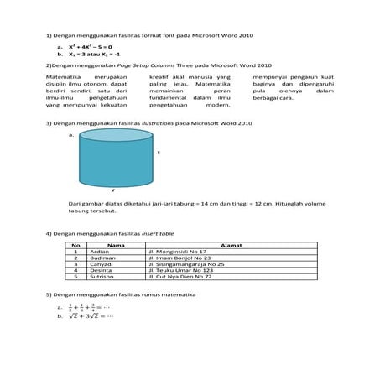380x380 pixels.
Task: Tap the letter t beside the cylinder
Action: pos(159,153)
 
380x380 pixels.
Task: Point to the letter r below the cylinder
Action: pos(113,191)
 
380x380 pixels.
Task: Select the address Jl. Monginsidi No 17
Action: pos(177,252)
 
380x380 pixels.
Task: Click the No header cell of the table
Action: pos(75,245)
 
